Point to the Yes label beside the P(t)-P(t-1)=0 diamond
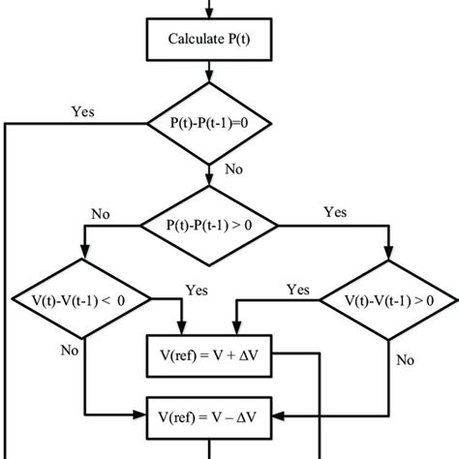point(83,111)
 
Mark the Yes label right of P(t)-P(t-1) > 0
point(335,212)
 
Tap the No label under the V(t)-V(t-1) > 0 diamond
point(405,360)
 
